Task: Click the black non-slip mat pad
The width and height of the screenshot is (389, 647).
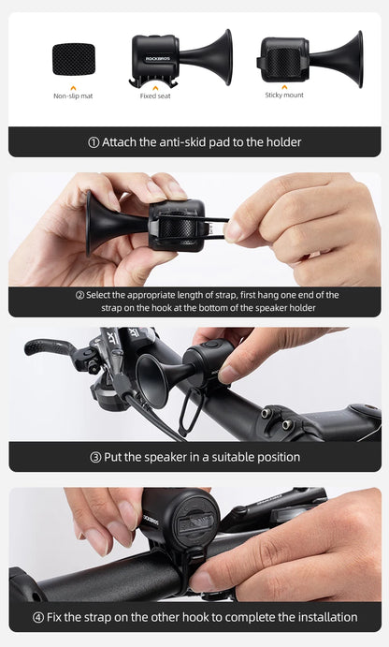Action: coord(73,60)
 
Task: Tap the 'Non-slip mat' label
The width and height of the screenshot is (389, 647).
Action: coord(73,96)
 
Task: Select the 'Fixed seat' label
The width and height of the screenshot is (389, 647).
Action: coord(154,96)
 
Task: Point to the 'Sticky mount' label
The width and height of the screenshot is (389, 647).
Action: coord(284,95)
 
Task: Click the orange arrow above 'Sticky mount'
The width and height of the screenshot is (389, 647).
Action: coord(284,86)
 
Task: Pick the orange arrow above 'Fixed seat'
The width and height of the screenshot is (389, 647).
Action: coord(154,87)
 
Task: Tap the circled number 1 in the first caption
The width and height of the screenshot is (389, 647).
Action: coord(94,142)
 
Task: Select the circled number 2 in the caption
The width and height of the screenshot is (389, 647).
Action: coord(79,295)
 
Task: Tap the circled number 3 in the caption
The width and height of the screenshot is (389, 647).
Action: coord(95,457)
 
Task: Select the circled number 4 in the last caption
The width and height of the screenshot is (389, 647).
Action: coord(38,617)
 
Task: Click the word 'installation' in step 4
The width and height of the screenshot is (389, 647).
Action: coord(326,617)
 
